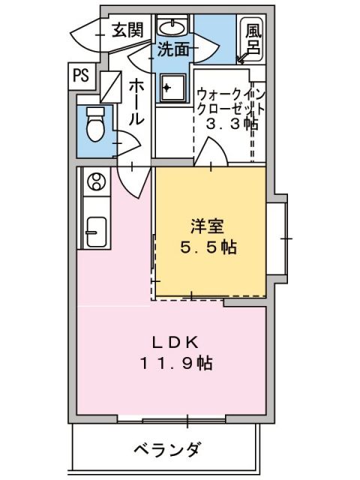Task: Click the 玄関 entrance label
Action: pyautogui.click(x=127, y=30)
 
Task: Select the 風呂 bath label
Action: pyautogui.click(x=253, y=40)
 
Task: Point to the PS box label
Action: pyautogui.click(x=81, y=74)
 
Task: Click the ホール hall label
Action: pyautogui.click(x=136, y=103)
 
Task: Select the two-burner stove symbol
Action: pyautogui.click(x=96, y=181)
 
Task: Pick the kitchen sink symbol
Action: pyautogui.click(x=95, y=231)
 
